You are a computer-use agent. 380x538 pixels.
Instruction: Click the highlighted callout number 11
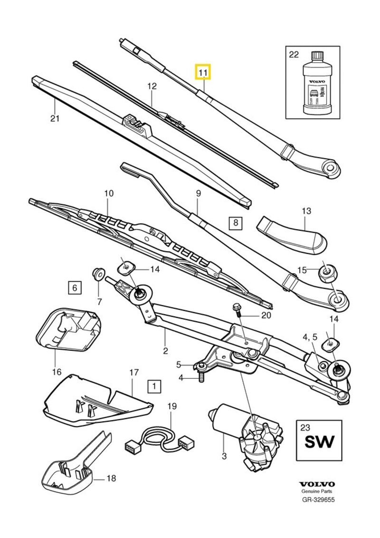(203, 73)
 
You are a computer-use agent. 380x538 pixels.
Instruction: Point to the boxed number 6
(74, 287)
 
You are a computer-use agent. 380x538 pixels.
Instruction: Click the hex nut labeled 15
(327, 272)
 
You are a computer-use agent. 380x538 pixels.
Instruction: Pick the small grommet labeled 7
(98, 273)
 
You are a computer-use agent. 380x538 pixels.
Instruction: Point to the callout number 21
(55, 118)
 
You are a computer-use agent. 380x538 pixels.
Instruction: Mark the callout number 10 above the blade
(109, 194)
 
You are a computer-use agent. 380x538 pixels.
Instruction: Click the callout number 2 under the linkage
(165, 351)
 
